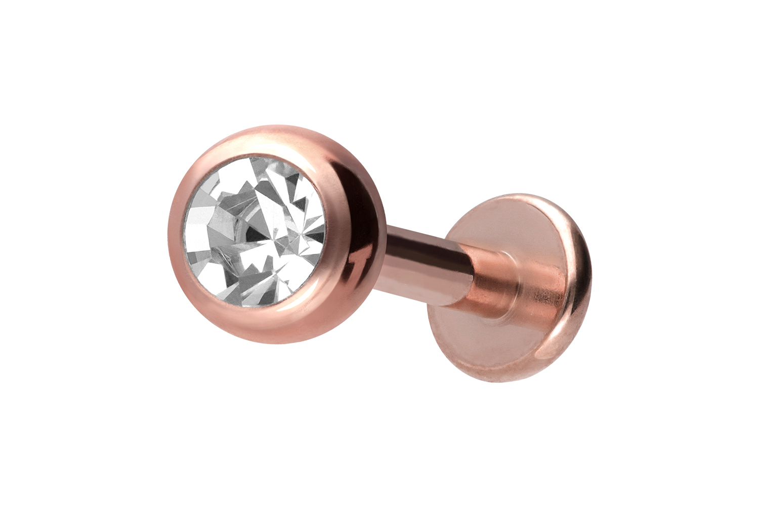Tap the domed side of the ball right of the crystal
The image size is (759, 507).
coord(354,223)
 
